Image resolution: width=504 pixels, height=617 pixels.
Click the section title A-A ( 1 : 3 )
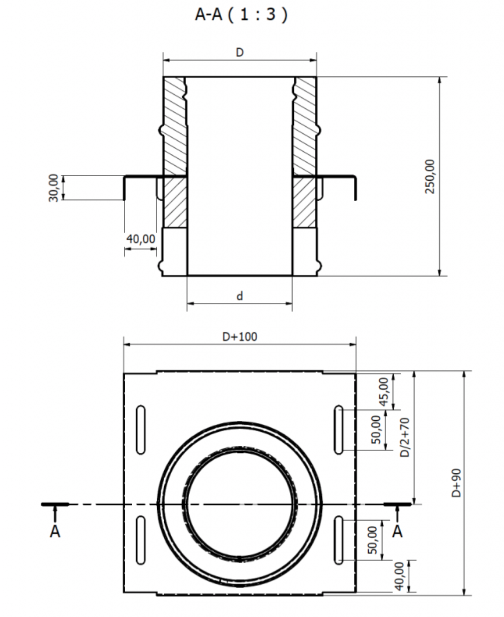(242, 14)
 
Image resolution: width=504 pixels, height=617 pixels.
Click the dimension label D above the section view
(240, 52)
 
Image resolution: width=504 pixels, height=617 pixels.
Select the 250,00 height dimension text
(430, 176)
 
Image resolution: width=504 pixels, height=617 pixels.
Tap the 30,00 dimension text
(53, 188)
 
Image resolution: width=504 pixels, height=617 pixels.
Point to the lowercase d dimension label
(240, 296)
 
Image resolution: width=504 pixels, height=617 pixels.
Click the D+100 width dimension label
(240, 337)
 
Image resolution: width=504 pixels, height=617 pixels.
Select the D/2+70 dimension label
(405, 437)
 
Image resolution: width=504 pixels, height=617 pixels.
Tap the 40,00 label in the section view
(141, 239)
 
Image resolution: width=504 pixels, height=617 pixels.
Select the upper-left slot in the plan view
(141, 430)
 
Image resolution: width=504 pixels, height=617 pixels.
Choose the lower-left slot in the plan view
(141, 540)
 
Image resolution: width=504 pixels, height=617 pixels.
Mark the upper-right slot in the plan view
(339, 430)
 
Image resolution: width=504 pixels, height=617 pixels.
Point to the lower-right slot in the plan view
(339, 540)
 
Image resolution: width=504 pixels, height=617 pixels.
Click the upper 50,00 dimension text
(376, 429)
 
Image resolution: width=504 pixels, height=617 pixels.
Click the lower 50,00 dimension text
(372, 540)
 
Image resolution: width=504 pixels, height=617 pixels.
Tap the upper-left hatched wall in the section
(175, 126)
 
